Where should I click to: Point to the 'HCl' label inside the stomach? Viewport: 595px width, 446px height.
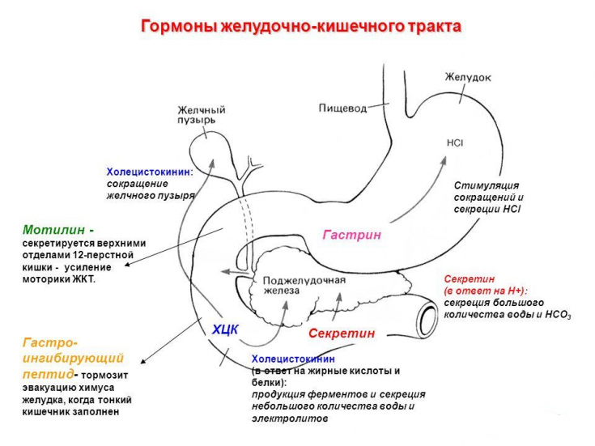pyautogui.click(x=454, y=142)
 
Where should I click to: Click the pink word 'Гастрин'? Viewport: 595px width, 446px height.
pyautogui.click(x=351, y=235)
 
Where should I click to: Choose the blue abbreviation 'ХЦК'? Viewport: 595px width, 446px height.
pyautogui.click(x=226, y=329)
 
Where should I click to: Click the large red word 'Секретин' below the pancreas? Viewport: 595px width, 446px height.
pyautogui.click(x=342, y=333)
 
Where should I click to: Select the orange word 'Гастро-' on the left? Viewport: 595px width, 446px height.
pyautogui.click(x=50, y=342)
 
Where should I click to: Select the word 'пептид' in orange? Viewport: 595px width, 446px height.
pyautogui.click(x=46, y=374)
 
